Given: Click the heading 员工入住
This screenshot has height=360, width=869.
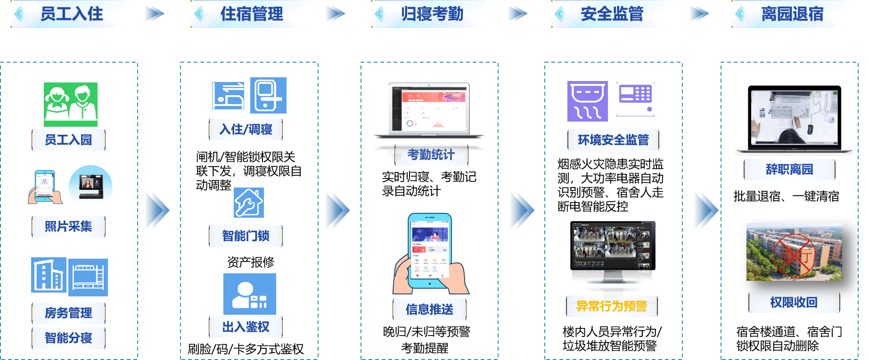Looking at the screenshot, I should pyautogui.click(x=72, y=14).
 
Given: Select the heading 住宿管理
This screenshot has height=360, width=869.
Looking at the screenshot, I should pyautogui.click(x=252, y=14).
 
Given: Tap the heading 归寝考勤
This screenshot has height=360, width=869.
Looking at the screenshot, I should pyautogui.click(x=432, y=14).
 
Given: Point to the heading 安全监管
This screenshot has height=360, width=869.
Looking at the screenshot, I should pyautogui.click(x=612, y=14).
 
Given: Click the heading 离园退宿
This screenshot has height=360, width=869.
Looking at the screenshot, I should pyautogui.click(x=792, y=14).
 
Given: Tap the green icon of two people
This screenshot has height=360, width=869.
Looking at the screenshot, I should pyautogui.click(x=71, y=104).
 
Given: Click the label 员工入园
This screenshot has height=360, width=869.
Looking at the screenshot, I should pyautogui.click(x=68, y=140).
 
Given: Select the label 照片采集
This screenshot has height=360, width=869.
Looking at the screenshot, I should pyautogui.click(x=68, y=227).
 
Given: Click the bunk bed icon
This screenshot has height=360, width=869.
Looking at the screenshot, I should pyautogui.click(x=88, y=277).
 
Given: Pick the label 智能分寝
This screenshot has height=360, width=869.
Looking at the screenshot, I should pyautogui.click(x=68, y=338).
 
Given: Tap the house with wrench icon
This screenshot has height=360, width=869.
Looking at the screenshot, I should pyautogui.click(x=249, y=203).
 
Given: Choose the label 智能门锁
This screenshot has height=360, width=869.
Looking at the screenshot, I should pyautogui.click(x=246, y=236).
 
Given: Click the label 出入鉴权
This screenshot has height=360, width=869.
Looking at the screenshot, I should pyautogui.click(x=246, y=327).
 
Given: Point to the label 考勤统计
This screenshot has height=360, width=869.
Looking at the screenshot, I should pyautogui.click(x=431, y=155).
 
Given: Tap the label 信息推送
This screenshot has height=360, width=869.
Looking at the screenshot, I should pyautogui.click(x=429, y=310).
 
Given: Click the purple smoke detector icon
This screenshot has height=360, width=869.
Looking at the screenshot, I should pyautogui.click(x=587, y=101).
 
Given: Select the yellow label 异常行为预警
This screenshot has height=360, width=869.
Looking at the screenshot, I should pyautogui.click(x=612, y=306).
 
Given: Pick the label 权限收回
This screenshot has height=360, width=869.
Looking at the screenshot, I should pyautogui.click(x=794, y=303).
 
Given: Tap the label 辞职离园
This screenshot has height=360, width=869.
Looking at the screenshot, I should pyautogui.click(x=789, y=169).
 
